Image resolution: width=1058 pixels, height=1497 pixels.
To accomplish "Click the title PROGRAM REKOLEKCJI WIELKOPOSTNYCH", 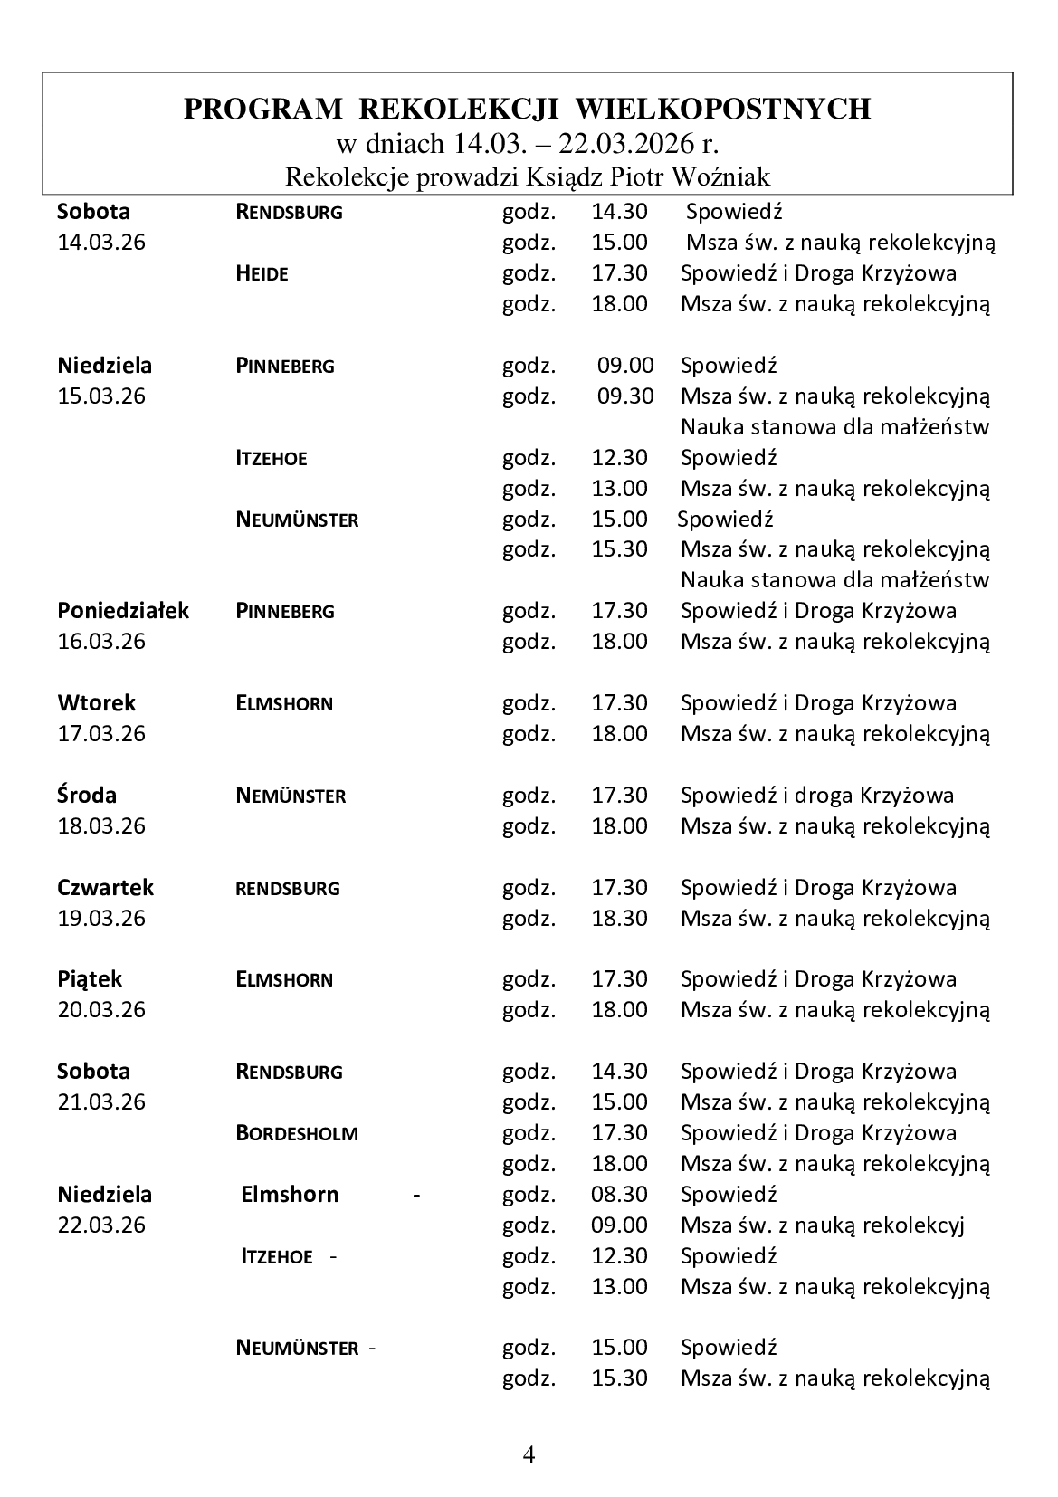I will [x=527, y=110].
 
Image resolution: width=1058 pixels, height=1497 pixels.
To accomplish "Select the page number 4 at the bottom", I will [x=529, y=1454].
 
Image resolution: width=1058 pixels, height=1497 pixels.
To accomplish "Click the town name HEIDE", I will [x=262, y=273].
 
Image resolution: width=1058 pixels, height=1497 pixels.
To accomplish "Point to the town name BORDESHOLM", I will [x=297, y=1133].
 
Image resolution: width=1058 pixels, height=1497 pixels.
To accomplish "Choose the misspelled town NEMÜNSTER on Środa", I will [x=291, y=796].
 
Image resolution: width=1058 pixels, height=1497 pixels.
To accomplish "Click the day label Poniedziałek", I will [x=123, y=611].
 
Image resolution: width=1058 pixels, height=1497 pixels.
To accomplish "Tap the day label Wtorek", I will [x=96, y=703].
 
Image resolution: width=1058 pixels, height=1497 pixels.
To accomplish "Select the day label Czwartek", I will [x=105, y=888].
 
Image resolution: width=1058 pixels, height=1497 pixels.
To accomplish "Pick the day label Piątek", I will [x=90, y=979].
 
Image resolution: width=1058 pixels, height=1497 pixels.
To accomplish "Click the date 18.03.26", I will [x=101, y=826].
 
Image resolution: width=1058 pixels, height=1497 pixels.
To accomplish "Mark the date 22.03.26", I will [x=101, y=1225].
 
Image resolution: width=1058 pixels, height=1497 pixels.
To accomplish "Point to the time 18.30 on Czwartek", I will [x=620, y=919].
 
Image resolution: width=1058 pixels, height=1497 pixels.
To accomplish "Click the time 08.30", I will [x=620, y=1195].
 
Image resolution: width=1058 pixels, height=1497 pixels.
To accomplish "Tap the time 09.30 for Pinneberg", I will [x=624, y=396].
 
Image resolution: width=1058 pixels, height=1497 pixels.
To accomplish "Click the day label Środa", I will [x=87, y=796].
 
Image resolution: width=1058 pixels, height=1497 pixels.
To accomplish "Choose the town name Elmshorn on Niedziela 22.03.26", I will [x=290, y=1195].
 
